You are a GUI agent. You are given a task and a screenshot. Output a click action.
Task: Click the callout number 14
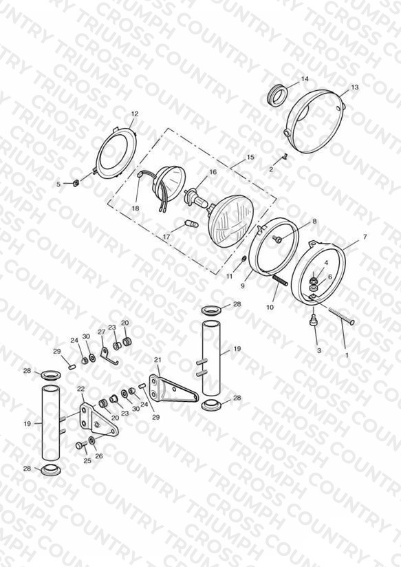tap(305, 79)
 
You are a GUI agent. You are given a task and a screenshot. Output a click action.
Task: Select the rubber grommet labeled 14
tap(278, 94)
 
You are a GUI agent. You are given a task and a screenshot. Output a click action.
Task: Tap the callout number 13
tap(354, 87)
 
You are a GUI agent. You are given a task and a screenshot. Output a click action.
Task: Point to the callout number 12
tap(135, 114)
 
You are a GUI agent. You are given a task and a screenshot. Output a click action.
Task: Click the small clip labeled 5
tap(76, 183)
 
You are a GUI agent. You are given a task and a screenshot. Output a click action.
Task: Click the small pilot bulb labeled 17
tap(191, 224)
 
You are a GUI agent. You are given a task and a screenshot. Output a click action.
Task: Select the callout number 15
tap(250, 158)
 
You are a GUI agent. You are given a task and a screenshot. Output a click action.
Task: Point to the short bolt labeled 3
tap(313, 321)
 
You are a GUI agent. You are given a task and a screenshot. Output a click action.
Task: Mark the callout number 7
tap(365, 237)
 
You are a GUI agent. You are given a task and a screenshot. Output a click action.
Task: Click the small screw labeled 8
tap(278, 239)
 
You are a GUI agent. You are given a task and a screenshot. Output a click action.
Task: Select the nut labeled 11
tap(244, 259)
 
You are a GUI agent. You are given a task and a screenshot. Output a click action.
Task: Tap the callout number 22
tap(81, 389)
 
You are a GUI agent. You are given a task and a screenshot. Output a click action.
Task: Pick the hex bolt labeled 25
tap(80, 445)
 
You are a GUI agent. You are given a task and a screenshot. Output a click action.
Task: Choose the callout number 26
tap(99, 456)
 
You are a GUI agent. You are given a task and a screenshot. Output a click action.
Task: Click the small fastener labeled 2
tap(284, 157)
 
